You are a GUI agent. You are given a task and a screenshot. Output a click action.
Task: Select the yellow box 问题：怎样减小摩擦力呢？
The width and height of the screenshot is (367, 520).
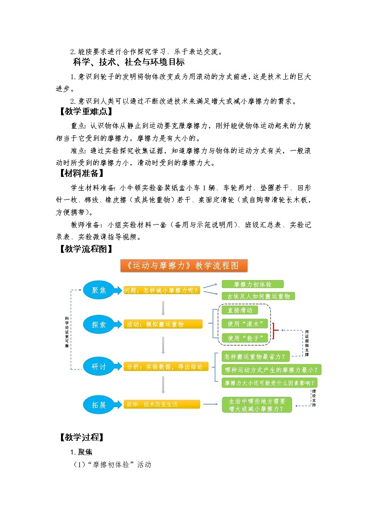click(163, 291)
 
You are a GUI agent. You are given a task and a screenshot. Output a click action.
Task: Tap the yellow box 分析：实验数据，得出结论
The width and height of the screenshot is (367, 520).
click(166, 367)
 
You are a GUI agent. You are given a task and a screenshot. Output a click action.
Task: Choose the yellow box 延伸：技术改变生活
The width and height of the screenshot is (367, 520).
click(162, 404)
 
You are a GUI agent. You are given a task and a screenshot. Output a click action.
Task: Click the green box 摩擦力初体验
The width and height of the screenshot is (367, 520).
click(252, 284)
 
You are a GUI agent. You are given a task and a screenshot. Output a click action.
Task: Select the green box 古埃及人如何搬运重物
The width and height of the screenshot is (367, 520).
click(258, 296)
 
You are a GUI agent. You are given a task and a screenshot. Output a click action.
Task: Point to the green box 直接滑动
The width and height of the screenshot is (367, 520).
click(240, 310)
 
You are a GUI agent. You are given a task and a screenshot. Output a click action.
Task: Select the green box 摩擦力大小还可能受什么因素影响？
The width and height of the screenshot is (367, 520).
click(270, 382)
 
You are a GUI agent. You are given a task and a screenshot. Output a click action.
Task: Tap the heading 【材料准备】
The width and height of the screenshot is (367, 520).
click(82, 174)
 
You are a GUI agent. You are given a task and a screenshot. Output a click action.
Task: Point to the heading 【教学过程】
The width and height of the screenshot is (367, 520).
click(82, 437)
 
